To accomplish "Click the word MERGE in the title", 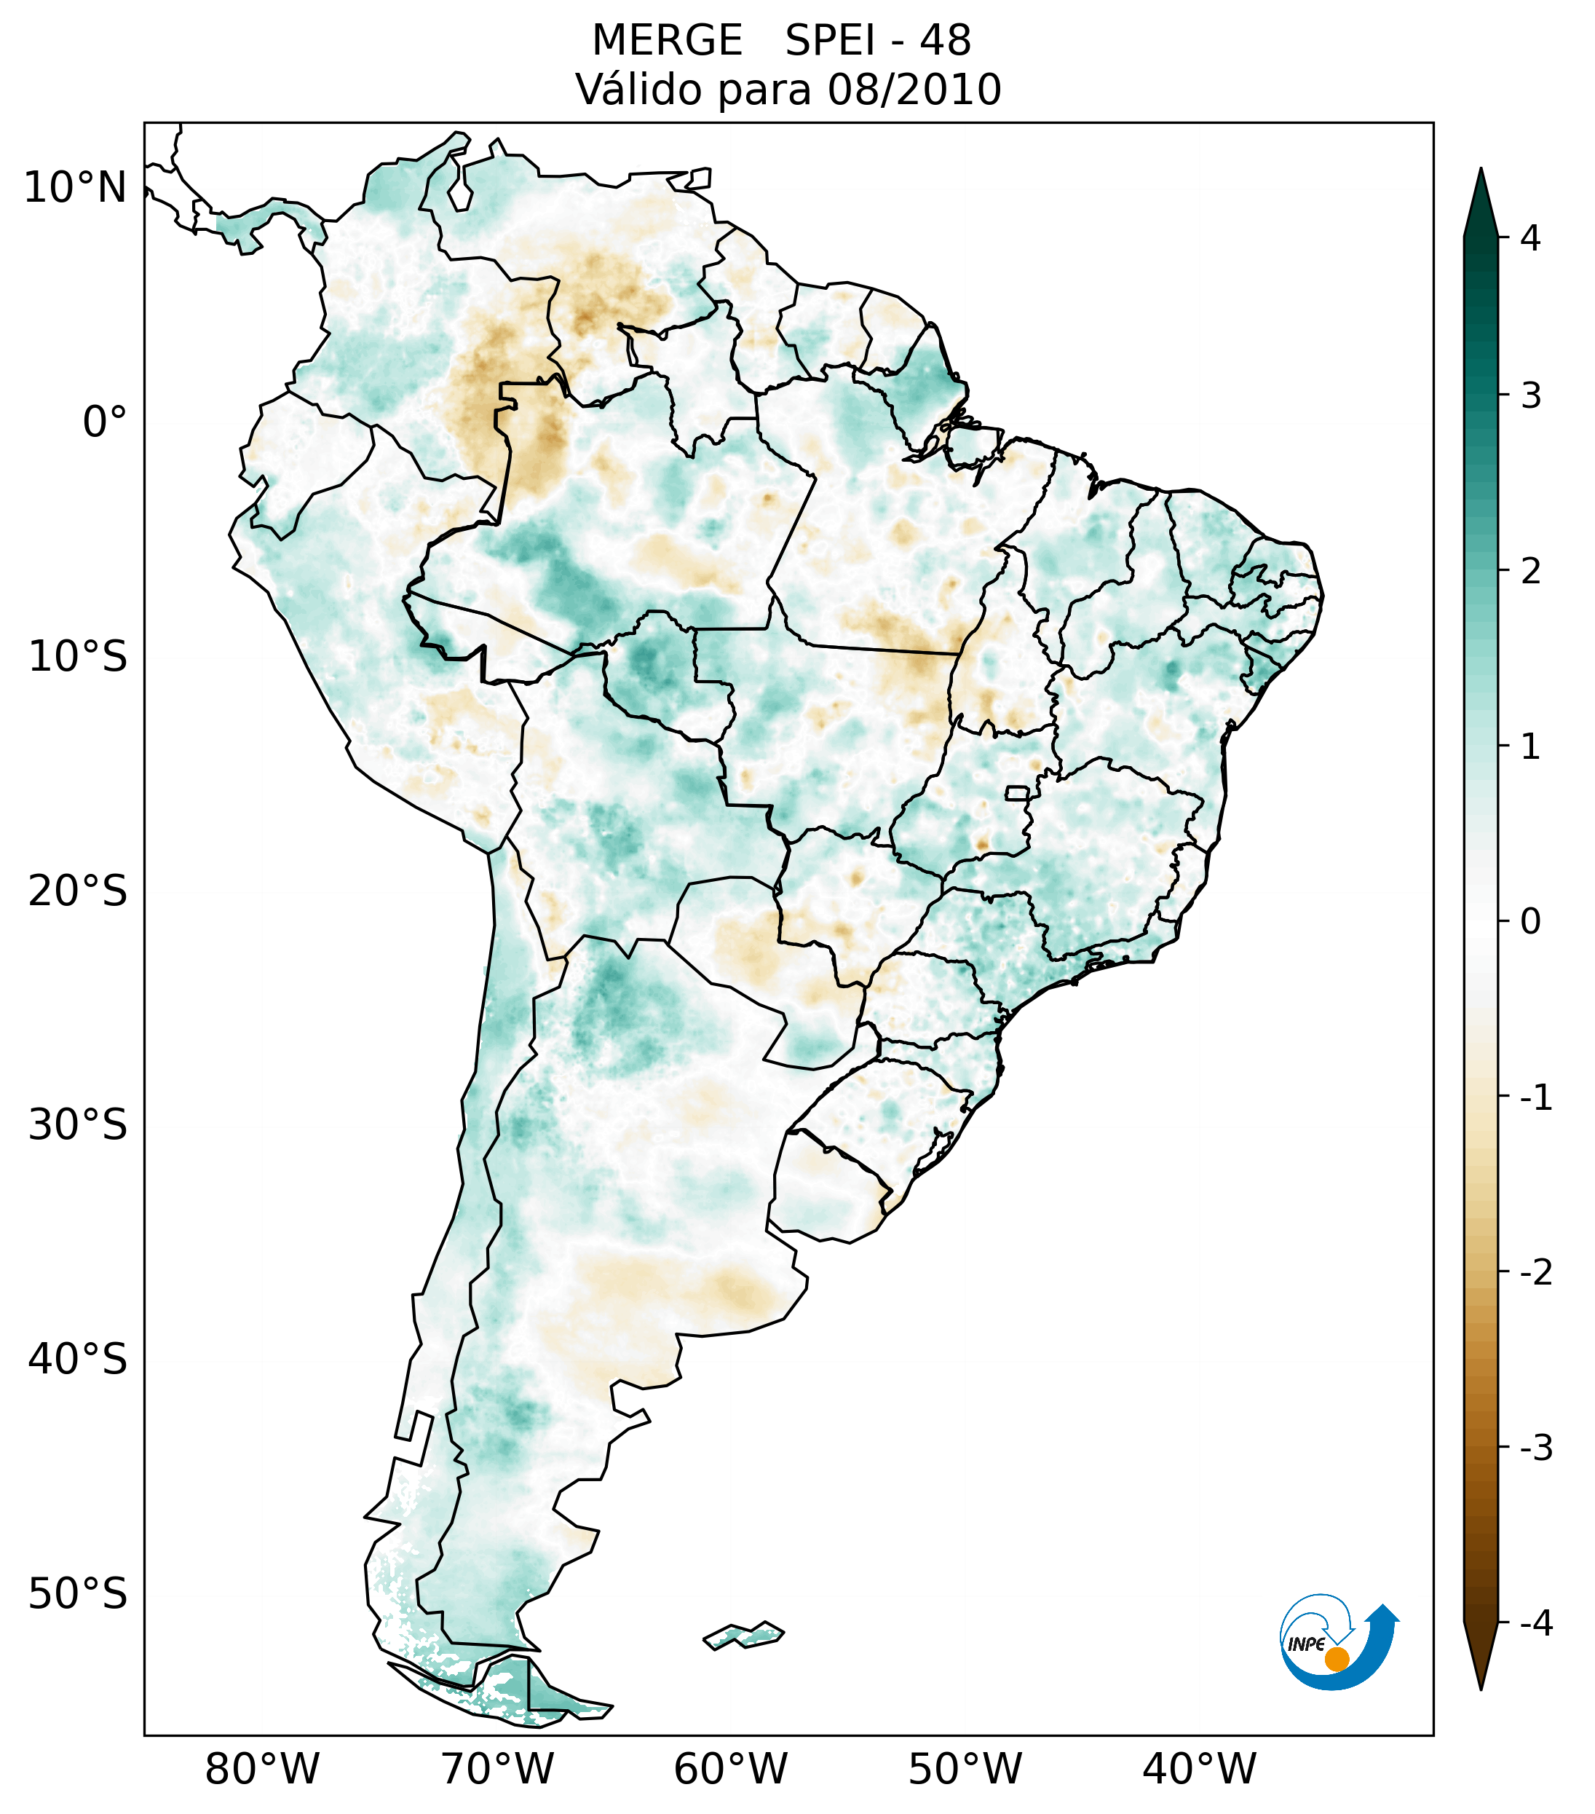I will (666, 41).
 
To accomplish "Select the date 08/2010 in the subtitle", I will (914, 90).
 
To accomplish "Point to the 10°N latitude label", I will (76, 188).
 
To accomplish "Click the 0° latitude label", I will (105, 422).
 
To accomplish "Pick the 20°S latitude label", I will (78, 891).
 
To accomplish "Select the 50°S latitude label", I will (78, 1595).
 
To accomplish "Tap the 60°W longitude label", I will (730, 1770).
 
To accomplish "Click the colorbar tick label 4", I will (1530, 238).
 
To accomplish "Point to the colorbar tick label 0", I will (1530, 922).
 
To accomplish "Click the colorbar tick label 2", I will (1530, 572).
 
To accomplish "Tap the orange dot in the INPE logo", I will (1336, 1658).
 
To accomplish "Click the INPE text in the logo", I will (1307, 1644).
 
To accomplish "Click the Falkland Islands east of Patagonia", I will (743, 1634).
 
